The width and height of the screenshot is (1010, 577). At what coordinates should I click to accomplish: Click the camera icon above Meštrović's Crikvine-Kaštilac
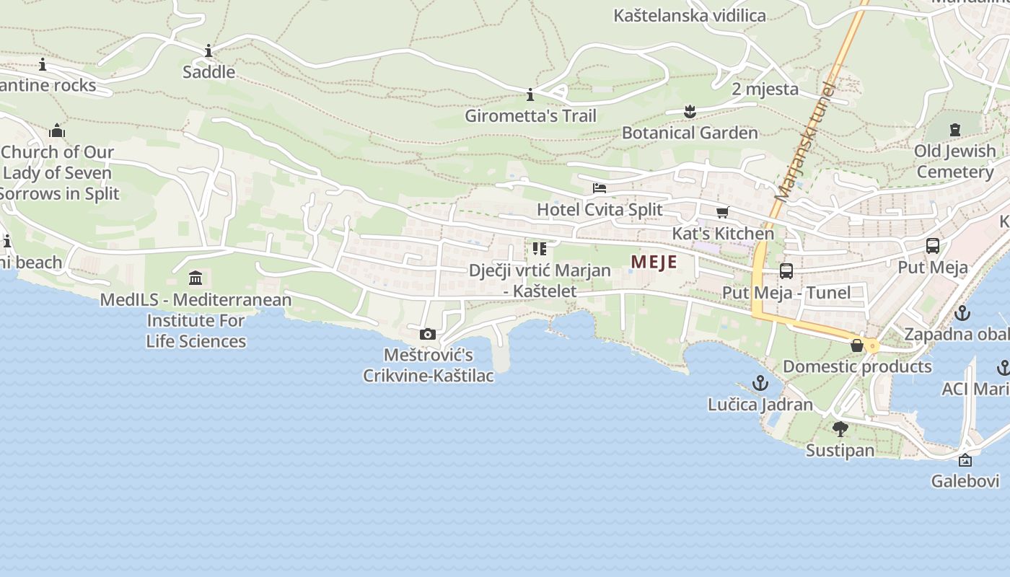tap(428, 334)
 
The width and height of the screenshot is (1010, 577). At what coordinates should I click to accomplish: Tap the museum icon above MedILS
tap(195, 278)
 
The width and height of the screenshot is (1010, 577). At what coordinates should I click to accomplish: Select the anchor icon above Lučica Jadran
tap(760, 383)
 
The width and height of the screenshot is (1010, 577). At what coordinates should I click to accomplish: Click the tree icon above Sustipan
tap(840, 429)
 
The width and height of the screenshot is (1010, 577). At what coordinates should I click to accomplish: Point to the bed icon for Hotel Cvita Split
tap(600, 188)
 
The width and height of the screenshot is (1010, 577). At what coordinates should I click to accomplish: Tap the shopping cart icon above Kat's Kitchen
tap(722, 212)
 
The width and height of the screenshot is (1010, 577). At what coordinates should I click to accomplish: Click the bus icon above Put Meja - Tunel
tap(786, 271)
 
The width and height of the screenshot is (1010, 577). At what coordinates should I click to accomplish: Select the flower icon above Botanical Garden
tap(690, 111)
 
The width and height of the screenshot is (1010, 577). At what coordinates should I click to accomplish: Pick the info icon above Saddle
tap(208, 50)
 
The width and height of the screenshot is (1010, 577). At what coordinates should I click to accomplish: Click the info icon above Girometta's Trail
tap(530, 94)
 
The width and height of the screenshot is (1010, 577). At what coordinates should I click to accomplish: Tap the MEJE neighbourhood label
tap(654, 262)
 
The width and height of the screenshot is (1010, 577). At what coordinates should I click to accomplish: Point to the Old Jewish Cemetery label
tap(955, 162)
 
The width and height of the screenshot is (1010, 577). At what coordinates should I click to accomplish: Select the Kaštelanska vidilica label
tap(689, 15)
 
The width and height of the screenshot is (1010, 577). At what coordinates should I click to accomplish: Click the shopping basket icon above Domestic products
tap(857, 345)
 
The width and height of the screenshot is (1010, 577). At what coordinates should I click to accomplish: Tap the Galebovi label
tap(965, 481)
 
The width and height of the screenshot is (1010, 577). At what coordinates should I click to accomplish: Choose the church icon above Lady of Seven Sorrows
tap(57, 131)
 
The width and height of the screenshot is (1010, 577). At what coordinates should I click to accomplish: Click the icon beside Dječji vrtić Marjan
tap(539, 249)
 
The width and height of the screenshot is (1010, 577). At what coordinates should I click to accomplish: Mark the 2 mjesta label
tap(765, 89)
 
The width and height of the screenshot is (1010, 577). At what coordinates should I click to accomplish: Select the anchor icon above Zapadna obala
tap(962, 313)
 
